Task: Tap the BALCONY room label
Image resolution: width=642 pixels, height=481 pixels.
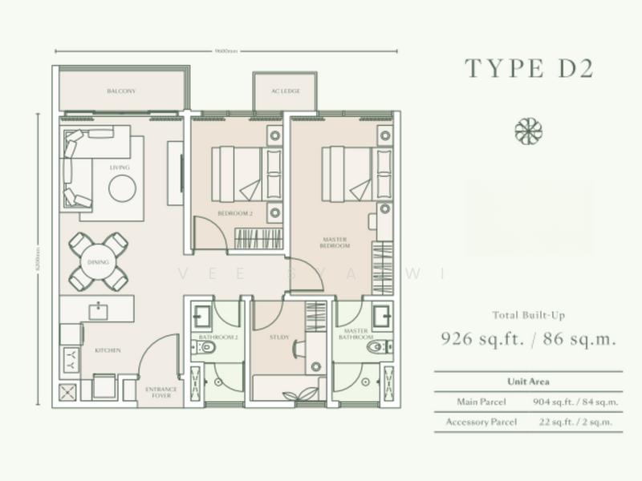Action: pos(121,91)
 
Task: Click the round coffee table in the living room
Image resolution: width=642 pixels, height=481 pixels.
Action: pos(123,189)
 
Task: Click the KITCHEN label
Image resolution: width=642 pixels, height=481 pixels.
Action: pos(108,350)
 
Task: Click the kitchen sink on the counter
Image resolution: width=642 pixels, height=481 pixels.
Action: pos(100,309)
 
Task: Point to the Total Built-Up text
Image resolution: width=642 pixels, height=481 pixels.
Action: pos(527,315)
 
